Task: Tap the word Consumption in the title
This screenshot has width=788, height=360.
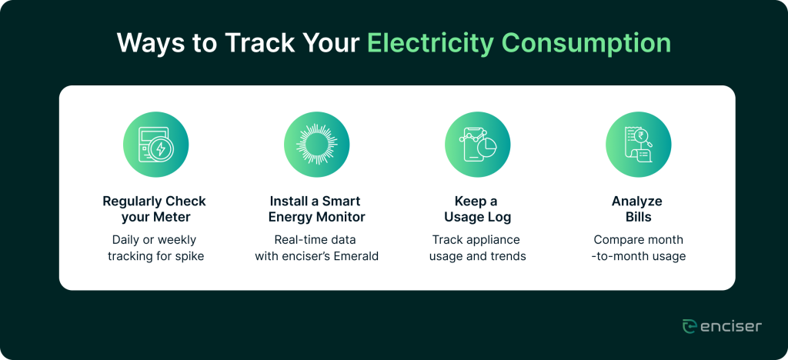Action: pos(586,44)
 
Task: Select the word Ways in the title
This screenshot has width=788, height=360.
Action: pos(149,44)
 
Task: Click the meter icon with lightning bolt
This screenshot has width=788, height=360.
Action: pos(155,145)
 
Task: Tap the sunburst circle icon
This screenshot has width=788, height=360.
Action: pos(316,145)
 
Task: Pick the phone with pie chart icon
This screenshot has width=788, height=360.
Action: pos(477,145)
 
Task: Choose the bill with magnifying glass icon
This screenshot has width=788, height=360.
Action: pos(638,145)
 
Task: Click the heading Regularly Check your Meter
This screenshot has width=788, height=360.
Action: pos(154,209)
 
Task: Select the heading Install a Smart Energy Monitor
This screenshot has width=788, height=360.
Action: pos(316,209)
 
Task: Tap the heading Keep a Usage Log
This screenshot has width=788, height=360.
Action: pos(477,209)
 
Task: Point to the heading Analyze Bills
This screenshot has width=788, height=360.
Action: pos(637,209)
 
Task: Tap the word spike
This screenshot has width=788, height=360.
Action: pos(191,257)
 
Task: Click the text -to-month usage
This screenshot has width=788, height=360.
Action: pos(638,256)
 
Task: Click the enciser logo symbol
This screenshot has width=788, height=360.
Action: pos(689,326)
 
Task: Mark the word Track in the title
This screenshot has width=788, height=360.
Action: pos(259,44)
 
